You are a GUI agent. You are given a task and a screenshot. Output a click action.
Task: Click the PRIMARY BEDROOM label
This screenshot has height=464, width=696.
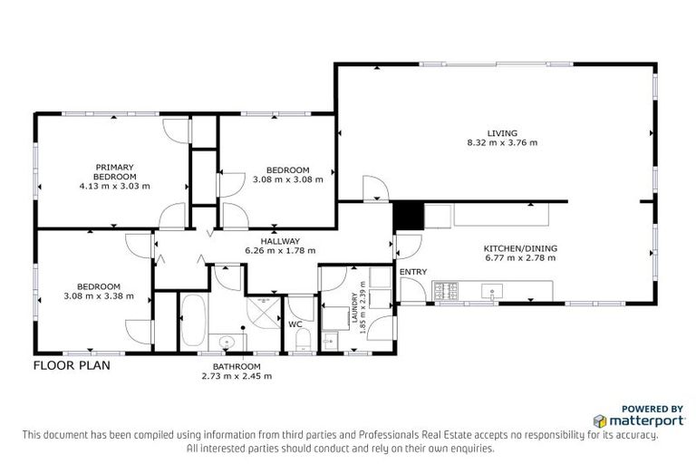pyautogui.click(x=114, y=171)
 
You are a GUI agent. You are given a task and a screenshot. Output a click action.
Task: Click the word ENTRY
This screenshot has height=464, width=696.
pyautogui.click(x=412, y=271)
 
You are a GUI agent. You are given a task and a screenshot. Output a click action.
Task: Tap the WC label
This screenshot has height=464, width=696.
pyautogui.click(x=295, y=324)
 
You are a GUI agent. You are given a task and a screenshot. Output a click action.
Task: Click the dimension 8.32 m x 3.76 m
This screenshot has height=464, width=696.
pyautogui.click(x=501, y=142)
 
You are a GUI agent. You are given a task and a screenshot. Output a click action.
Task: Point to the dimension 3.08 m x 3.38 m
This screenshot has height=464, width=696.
pyautogui.click(x=99, y=295)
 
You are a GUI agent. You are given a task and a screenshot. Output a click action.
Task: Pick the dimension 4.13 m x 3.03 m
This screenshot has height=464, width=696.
pyautogui.click(x=114, y=186)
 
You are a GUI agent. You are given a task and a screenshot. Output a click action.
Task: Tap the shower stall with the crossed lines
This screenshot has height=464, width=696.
pyautogui.click(x=263, y=312)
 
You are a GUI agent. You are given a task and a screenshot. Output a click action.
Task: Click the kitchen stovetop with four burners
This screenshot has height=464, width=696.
pyautogui.click(x=446, y=291)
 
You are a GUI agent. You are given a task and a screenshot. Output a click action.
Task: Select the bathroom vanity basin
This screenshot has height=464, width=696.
pyautogui.click(x=227, y=341)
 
